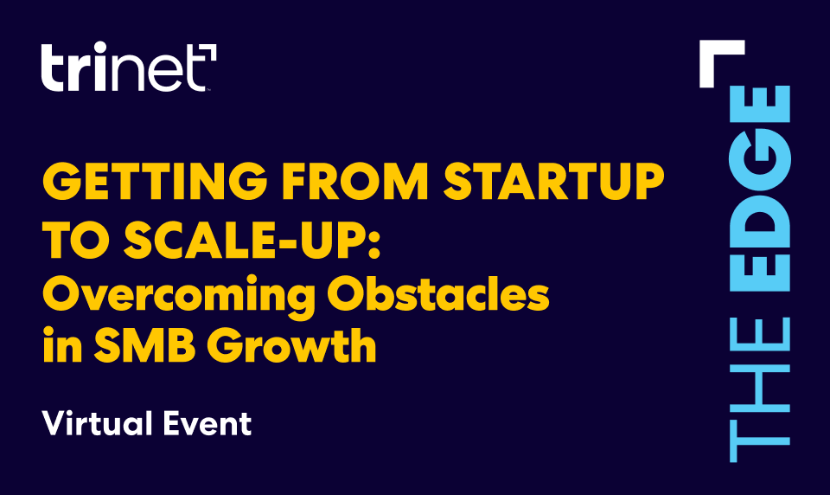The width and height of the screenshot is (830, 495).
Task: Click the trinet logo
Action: (129, 67)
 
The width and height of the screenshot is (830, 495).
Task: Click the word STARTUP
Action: (553, 181)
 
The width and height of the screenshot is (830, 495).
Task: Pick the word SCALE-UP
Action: (245, 239)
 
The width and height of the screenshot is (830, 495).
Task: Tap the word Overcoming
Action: (179, 296)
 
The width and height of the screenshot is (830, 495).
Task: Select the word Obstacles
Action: (438, 293)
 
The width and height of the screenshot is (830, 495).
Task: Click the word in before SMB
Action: (62, 344)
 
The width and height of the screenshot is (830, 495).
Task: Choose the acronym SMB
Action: (144, 345)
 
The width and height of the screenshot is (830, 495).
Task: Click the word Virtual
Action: (98, 423)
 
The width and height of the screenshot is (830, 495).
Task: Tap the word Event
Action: (207, 423)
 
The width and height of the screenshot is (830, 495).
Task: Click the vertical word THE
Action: (760, 389)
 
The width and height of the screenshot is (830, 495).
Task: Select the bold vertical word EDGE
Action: (760, 189)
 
